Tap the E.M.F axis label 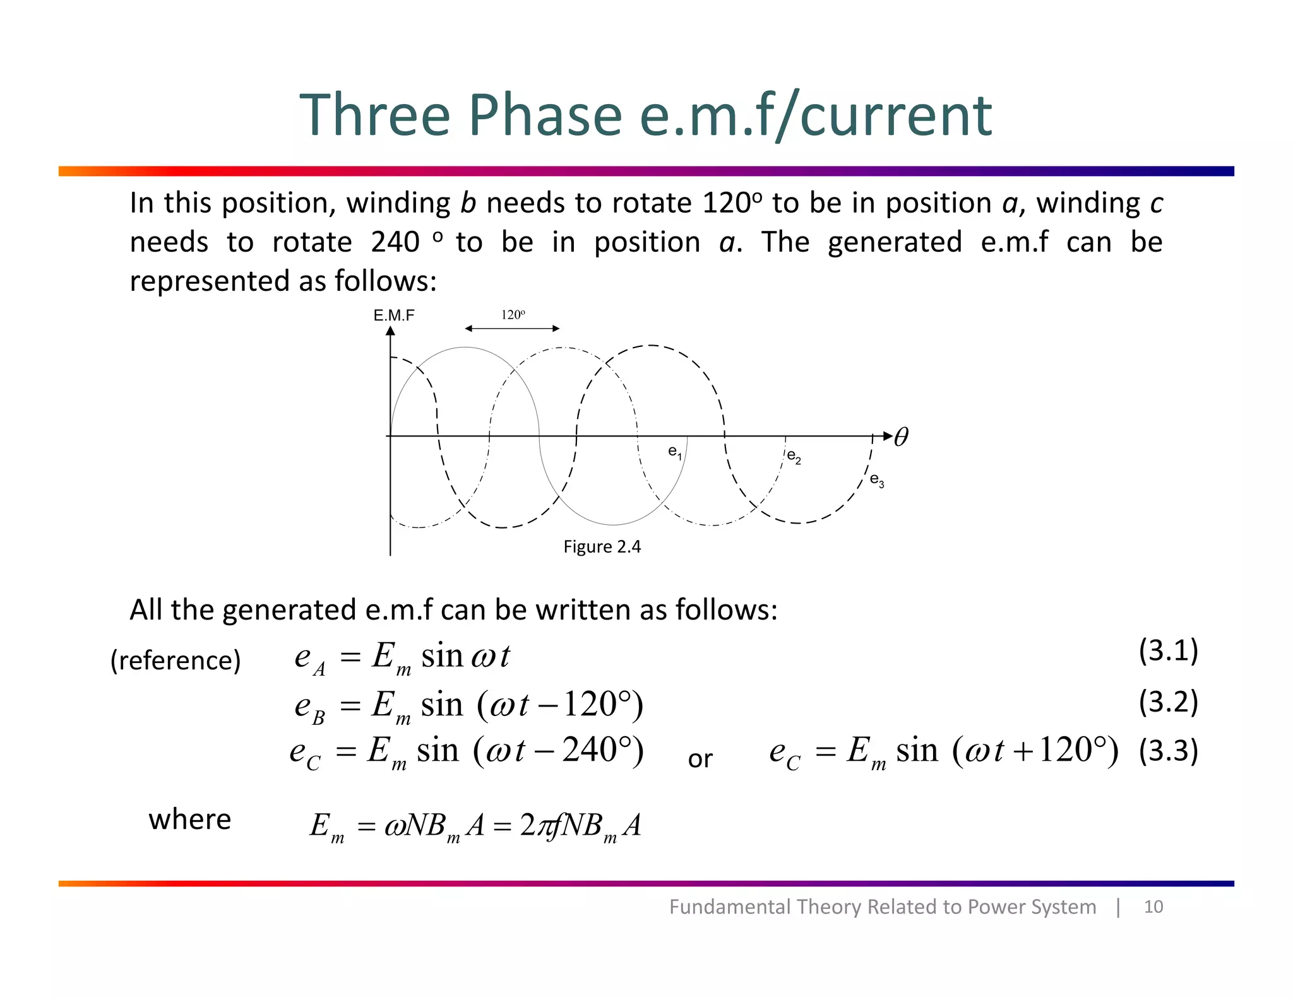394,315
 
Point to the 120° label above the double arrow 513,315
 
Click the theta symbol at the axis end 902,437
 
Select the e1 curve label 675,452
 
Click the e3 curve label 876,480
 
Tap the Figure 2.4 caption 602,546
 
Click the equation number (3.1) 1168,650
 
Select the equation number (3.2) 1168,702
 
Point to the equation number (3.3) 1168,751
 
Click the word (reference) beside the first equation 176,660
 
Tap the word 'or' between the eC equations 700,759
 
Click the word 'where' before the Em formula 190,819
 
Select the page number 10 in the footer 1153,907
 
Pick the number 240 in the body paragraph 395,242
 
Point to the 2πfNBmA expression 580,825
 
